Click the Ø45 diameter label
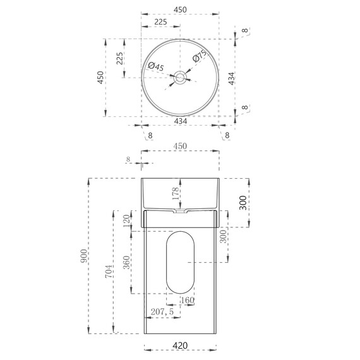(x=155, y=66)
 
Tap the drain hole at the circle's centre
(x=180, y=77)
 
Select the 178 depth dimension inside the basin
(x=176, y=191)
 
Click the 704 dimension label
(x=110, y=272)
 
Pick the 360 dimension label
(x=126, y=261)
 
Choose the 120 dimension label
(x=126, y=220)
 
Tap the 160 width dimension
(x=188, y=300)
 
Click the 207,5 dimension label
(x=163, y=312)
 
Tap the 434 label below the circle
(x=181, y=121)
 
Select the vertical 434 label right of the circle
(x=232, y=78)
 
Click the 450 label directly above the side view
(x=181, y=147)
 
